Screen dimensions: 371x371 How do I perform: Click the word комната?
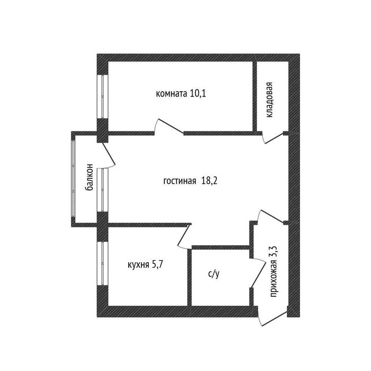pos(171,94)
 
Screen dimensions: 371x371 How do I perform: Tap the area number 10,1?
pos(198,94)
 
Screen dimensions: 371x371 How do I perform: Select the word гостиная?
pos(180,181)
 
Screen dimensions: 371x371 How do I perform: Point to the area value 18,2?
pos(209,181)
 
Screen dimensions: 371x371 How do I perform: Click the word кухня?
pos(138,265)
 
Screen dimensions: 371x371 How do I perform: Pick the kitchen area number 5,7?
pos(157,264)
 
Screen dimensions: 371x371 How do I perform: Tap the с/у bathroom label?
pos(214,274)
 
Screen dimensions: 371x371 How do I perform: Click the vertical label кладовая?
pos(269,100)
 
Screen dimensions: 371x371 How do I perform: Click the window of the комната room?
pos(102,96)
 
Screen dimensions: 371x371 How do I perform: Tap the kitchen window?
pos(102,263)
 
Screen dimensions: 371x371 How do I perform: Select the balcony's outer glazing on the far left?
pos(73,178)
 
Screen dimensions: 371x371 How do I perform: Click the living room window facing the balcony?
pos(102,190)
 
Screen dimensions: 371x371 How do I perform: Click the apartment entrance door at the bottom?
pos(275,319)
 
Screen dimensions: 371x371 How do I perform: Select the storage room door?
pos(274,139)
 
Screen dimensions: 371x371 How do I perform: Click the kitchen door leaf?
pos(183,235)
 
